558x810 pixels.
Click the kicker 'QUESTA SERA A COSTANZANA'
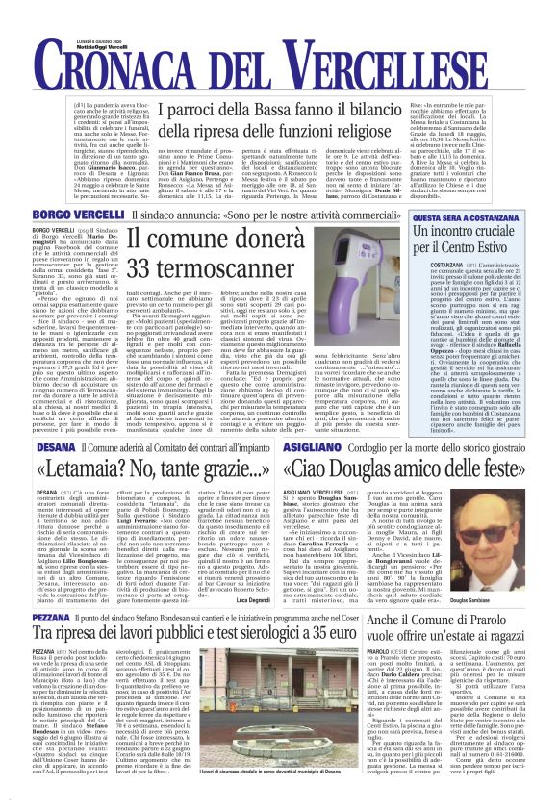click(x=479, y=218)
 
